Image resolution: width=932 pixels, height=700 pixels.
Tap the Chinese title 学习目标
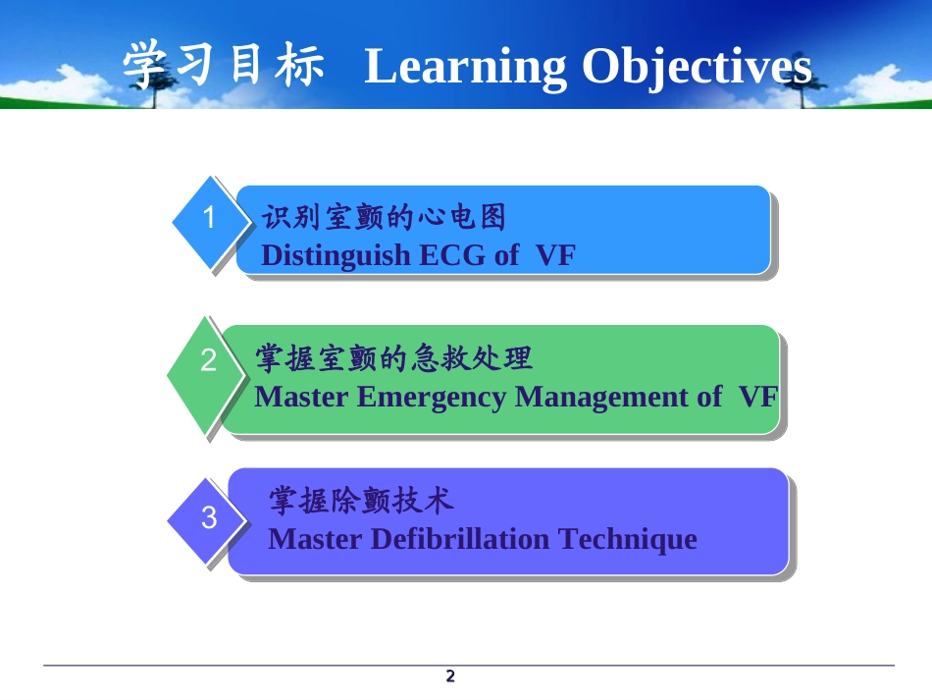coord(224,64)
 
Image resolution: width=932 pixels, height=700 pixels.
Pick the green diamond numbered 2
coord(206,375)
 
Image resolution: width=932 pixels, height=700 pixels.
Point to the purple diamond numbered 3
coord(207,520)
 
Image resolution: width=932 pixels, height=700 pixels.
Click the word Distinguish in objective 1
coord(336,255)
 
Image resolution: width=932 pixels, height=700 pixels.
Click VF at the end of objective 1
coord(555,255)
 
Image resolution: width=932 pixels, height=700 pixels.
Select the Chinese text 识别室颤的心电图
coord(384,217)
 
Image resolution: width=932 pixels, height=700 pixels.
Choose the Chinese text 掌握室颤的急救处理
coord(393,358)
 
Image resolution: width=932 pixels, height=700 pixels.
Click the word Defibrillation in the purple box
coord(460,539)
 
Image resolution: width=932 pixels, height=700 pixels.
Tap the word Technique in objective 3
coord(628,540)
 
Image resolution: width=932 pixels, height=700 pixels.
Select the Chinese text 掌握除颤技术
coord(361,500)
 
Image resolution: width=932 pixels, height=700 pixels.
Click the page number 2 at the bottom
coord(450,676)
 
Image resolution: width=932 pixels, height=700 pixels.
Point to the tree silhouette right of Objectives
coord(800,86)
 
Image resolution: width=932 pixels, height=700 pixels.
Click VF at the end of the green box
coord(758,397)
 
